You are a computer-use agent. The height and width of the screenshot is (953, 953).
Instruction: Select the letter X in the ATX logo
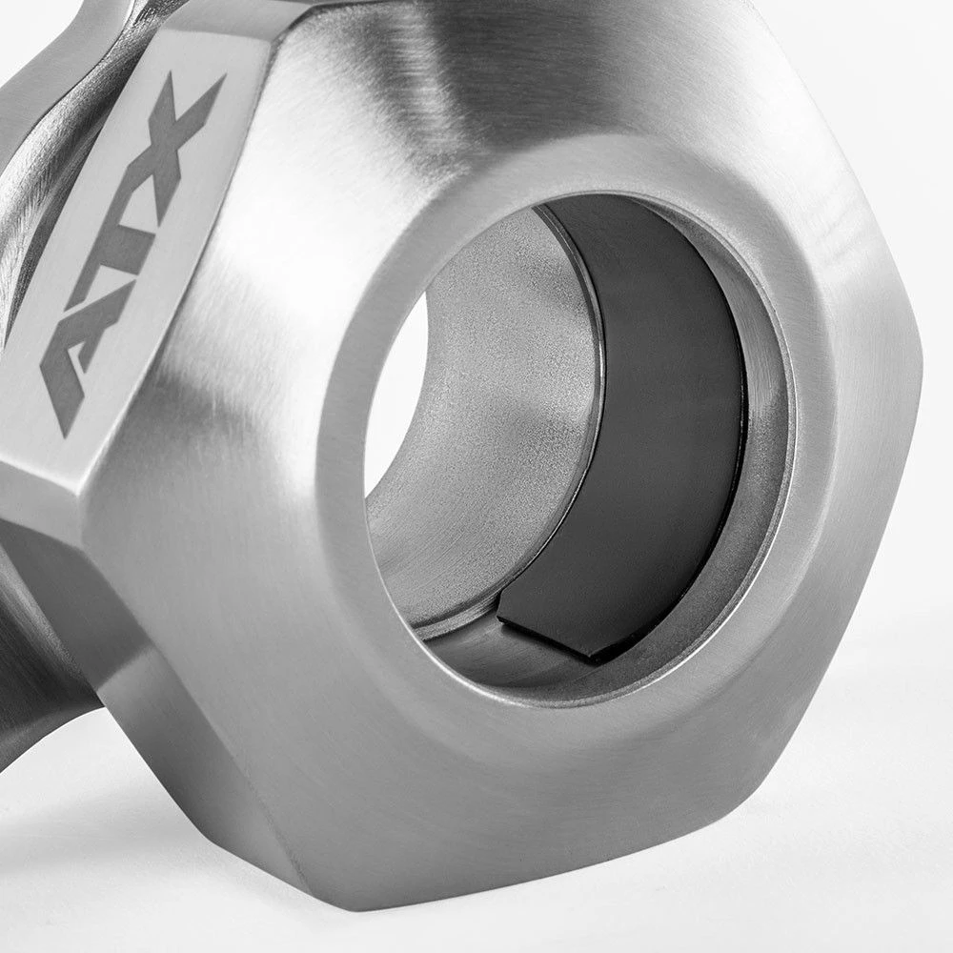176,131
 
